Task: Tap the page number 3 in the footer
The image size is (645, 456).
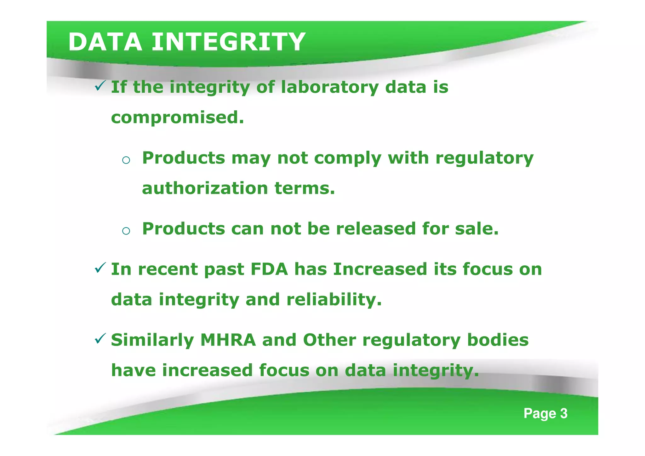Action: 564,413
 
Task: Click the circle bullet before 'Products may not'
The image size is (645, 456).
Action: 126,160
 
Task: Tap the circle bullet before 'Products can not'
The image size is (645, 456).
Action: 126,231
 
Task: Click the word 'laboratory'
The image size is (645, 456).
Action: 330,87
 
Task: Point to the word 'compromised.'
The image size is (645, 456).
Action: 178,118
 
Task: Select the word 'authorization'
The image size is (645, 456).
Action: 205,188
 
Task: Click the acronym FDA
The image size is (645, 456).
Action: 269,269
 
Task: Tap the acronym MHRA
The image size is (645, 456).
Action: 228,340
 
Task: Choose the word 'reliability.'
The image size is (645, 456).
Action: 334,299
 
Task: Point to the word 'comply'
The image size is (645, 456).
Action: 348,158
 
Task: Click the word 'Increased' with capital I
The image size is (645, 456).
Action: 380,269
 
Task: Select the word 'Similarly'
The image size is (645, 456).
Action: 152,340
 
